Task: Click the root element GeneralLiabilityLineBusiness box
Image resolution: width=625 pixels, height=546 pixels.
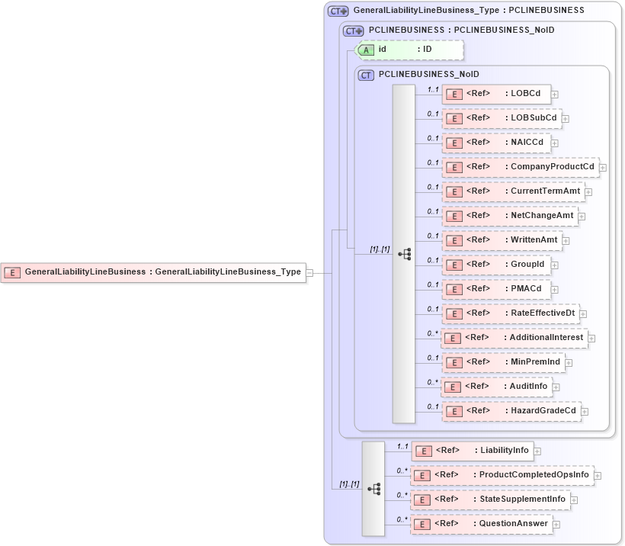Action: coord(153,271)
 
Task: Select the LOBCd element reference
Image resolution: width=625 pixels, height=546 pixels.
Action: coord(495,94)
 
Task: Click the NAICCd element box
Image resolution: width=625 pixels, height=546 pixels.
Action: coord(496,143)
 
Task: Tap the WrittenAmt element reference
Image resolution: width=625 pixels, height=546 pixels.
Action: coord(502,240)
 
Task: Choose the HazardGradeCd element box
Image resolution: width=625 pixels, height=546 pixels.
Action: coord(511,411)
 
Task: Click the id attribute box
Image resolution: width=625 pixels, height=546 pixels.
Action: coord(410,50)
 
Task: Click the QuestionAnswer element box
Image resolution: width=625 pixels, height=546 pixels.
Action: coord(481,524)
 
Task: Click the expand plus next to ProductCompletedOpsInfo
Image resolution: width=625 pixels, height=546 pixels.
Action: coord(598,476)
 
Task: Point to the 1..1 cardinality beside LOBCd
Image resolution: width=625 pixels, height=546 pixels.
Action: coord(433,90)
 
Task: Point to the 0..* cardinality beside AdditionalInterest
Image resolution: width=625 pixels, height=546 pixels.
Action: coord(432,334)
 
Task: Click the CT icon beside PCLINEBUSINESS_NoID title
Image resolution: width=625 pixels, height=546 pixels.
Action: coord(366,75)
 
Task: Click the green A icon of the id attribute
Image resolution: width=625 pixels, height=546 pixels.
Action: coord(366,50)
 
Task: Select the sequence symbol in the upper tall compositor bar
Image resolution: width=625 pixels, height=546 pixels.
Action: coord(404,254)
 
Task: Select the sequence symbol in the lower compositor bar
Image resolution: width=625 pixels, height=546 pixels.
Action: coord(373,488)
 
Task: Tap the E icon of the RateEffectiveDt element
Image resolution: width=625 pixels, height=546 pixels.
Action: coord(454,313)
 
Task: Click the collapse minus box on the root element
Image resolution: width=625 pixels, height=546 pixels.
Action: coord(309,272)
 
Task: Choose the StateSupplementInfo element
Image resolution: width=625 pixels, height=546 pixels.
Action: coord(490,499)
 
